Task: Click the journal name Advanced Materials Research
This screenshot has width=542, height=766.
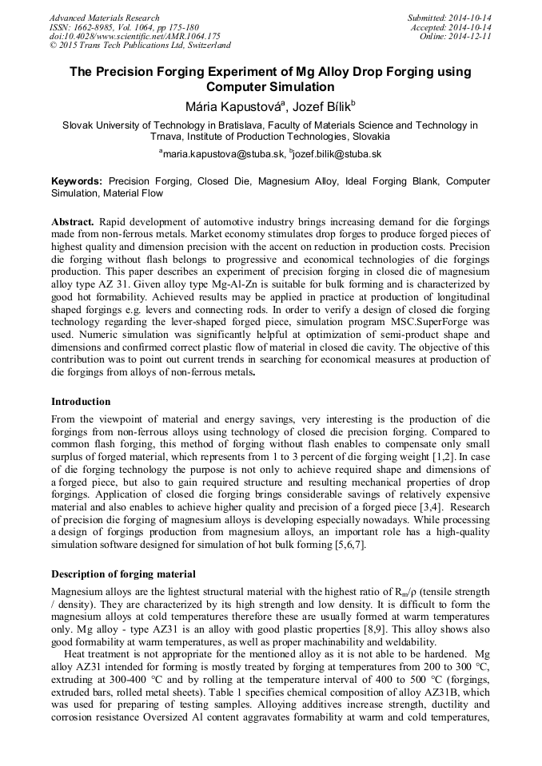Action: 104,18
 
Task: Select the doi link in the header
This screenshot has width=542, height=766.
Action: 134,37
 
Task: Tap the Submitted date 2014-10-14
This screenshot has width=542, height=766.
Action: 448,18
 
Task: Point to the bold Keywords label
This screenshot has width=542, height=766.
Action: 77,181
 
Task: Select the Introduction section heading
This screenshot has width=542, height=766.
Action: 81,402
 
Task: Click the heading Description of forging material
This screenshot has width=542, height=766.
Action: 123,574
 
